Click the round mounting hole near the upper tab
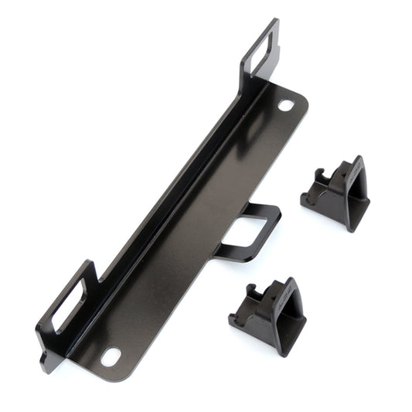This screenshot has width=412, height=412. tap(286, 104)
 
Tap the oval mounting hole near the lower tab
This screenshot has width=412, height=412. tap(111, 356)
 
